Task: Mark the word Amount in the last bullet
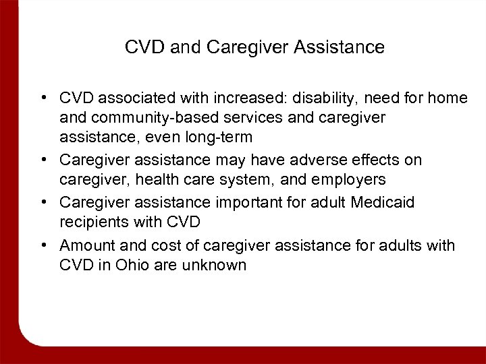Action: (84, 245)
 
